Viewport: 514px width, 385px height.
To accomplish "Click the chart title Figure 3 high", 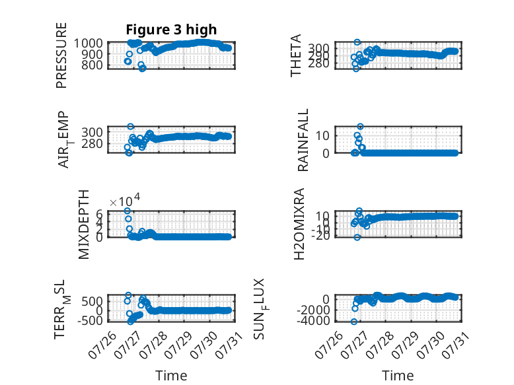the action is coord(171,30).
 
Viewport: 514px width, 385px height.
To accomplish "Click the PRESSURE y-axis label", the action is coord(61,55).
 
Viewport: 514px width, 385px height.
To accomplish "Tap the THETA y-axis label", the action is coord(296,55).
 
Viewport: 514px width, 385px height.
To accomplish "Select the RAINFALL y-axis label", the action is coord(303,140).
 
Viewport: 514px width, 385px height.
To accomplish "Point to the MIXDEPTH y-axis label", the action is coord(84,225).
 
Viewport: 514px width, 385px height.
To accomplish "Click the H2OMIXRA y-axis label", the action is coord(299,224).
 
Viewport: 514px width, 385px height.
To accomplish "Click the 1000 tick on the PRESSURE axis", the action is coord(88,43).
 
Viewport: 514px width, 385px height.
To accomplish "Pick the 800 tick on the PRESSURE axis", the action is coord(92,65).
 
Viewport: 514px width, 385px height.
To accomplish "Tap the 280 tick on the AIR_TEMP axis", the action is coord(92,143).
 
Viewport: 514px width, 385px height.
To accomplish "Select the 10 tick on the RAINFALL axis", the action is coord(322,135).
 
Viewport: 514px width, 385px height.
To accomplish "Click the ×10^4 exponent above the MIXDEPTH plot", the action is coord(125,200).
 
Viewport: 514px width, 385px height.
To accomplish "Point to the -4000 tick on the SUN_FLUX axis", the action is coord(313,320).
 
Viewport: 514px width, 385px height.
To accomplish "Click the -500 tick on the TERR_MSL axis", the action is coord(90,320).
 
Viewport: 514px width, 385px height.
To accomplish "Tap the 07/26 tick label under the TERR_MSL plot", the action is coord(102,345).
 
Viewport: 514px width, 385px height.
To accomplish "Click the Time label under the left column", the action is coord(171,376).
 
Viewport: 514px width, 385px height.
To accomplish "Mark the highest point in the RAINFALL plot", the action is coord(360,127).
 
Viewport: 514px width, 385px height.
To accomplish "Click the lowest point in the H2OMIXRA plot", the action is coord(357,237).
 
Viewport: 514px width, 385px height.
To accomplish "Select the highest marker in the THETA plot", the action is coord(357,42).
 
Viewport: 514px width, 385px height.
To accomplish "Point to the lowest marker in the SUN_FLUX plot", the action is coord(353,322).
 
